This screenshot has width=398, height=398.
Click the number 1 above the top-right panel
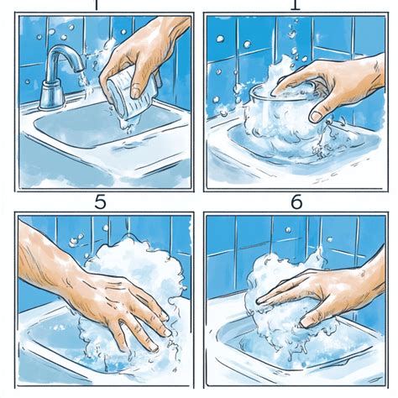pos(294,4)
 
